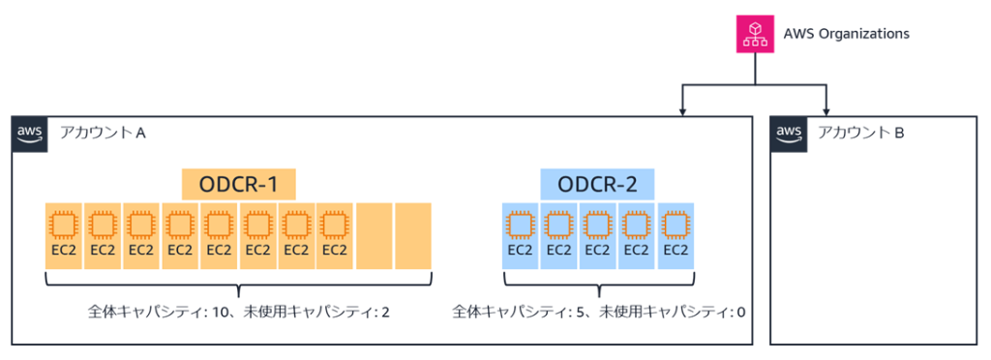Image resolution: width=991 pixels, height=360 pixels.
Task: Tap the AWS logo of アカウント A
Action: click(x=30, y=134)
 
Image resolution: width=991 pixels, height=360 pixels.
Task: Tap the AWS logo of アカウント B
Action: click(x=789, y=134)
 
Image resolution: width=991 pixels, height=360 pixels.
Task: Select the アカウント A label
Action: click(x=101, y=133)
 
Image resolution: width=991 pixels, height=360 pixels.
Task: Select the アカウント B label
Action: click(x=859, y=133)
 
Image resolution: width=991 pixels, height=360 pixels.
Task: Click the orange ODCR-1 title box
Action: click(x=238, y=183)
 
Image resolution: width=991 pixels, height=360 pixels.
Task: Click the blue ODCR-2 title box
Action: click(x=597, y=183)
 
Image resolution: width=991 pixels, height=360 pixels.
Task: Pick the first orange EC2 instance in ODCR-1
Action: click(x=64, y=236)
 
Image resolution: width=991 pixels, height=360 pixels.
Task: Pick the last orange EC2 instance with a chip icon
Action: click(x=335, y=236)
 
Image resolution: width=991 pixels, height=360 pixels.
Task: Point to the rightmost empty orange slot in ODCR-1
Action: click(x=412, y=236)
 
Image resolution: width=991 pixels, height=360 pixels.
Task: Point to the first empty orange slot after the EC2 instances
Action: click(x=374, y=236)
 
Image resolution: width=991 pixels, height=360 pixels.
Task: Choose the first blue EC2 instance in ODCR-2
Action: click(x=521, y=236)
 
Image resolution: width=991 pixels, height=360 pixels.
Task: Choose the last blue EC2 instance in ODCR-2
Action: click(x=676, y=236)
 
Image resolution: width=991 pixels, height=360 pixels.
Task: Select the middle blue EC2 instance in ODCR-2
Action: click(x=598, y=236)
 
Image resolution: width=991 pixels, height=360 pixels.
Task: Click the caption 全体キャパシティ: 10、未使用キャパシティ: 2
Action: click(x=238, y=313)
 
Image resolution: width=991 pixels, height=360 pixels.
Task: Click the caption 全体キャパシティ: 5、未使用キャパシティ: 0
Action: click(x=598, y=313)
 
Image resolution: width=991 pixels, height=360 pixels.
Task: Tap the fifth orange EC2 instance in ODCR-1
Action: click(x=219, y=236)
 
